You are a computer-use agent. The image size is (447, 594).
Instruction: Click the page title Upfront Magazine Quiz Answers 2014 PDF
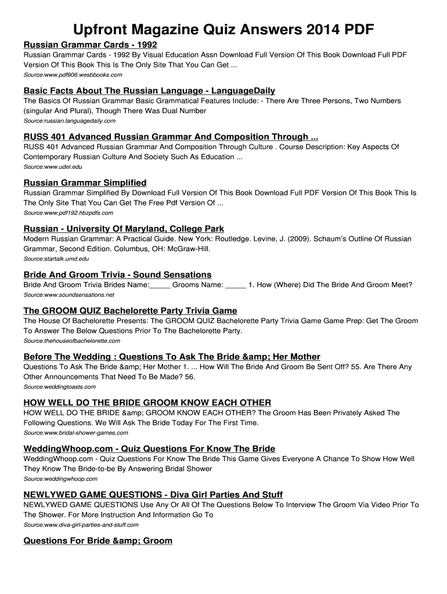[223, 29]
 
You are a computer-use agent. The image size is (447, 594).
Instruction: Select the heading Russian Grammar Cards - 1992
[90, 45]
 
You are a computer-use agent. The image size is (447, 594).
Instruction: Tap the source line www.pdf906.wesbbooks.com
[73, 75]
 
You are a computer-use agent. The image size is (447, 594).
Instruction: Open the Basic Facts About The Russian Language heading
[149, 90]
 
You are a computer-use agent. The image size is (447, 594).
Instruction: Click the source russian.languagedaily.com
[69, 121]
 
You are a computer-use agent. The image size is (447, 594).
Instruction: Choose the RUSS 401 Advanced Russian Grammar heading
[170, 137]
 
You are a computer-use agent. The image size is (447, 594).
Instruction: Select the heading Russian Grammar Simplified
[85, 183]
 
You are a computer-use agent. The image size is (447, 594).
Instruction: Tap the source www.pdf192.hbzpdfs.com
[68, 213]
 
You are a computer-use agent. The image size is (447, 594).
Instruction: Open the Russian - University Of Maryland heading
[124, 229]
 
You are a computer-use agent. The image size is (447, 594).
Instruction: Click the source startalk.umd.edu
[56, 259]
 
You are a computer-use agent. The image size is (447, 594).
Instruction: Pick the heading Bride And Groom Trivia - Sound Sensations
[117, 274]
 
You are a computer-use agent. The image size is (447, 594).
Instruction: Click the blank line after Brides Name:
[160, 285]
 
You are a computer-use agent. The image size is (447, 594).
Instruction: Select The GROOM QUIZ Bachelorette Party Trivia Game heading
[130, 311]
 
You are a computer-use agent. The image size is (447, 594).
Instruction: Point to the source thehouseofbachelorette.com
[71, 341]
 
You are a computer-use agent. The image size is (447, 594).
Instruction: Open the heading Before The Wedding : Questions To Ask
[171, 357]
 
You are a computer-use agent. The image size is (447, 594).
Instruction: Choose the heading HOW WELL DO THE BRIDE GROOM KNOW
[147, 403]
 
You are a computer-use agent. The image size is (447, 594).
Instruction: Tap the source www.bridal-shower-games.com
[75, 433]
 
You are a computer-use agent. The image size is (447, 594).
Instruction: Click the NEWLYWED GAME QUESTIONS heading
[153, 495]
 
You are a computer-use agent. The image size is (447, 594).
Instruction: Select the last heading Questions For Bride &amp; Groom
[98, 541]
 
